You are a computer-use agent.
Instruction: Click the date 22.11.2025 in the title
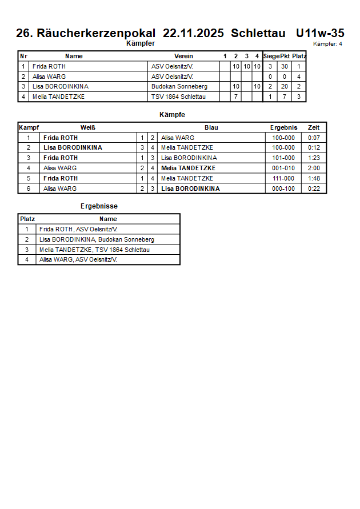click(x=193, y=34)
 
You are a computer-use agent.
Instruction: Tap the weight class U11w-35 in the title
click(x=320, y=34)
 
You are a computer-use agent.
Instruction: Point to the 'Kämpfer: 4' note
click(x=327, y=44)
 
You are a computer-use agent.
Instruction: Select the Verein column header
click(x=183, y=56)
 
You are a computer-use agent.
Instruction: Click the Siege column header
click(x=271, y=56)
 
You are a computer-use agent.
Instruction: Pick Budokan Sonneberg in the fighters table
click(x=179, y=87)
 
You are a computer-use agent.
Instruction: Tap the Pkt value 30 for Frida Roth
click(x=285, y=66)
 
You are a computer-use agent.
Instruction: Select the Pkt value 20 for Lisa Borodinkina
click(x=285, y=87)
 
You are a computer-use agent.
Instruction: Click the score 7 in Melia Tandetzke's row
click(x=235, y=97)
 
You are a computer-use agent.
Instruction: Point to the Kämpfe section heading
click(x=172, y=115)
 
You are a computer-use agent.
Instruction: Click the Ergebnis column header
click(x=283, y=127)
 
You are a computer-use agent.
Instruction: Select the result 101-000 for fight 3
click(x=283, y=158)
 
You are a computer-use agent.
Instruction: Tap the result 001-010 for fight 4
click(x=283, y=168)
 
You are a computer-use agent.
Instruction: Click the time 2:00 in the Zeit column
click(x=314, y=168)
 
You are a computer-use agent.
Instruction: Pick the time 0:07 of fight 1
click(x=314, y=138)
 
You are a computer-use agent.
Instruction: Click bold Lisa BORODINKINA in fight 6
click(x=190, y=189)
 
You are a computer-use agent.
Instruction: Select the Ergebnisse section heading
click(x=99, y=206)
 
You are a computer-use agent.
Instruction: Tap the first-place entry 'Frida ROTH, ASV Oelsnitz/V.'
click(x=78, y=229)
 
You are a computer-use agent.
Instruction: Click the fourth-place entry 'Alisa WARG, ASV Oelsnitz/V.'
click(x=78, y=260)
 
